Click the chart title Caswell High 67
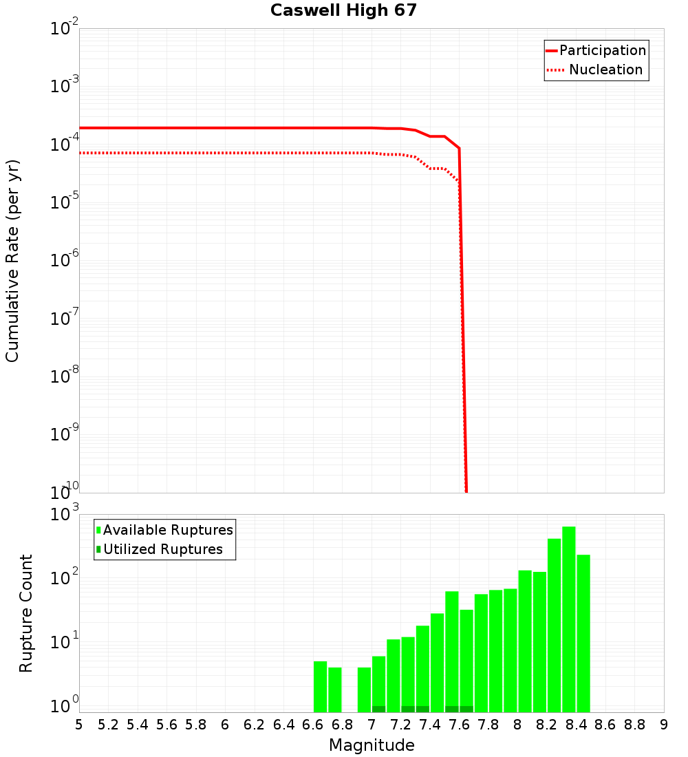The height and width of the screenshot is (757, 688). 343,10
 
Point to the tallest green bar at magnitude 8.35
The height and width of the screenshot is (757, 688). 568,619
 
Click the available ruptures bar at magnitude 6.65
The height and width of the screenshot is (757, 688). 320,686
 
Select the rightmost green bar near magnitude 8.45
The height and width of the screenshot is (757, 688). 583,633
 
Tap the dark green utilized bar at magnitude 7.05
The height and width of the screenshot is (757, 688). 378,709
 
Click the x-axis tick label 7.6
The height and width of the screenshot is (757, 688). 459,725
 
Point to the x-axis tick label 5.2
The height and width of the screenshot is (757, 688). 108,725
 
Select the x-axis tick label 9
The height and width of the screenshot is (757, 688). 664,725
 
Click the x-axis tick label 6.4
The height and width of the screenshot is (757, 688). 283,725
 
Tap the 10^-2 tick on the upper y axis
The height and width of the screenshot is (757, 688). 65,30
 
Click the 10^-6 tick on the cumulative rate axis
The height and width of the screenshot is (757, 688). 65,261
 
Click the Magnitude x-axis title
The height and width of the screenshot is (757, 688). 372,745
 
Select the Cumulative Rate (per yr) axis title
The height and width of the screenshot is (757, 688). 12,260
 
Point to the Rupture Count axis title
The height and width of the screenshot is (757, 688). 26,613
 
